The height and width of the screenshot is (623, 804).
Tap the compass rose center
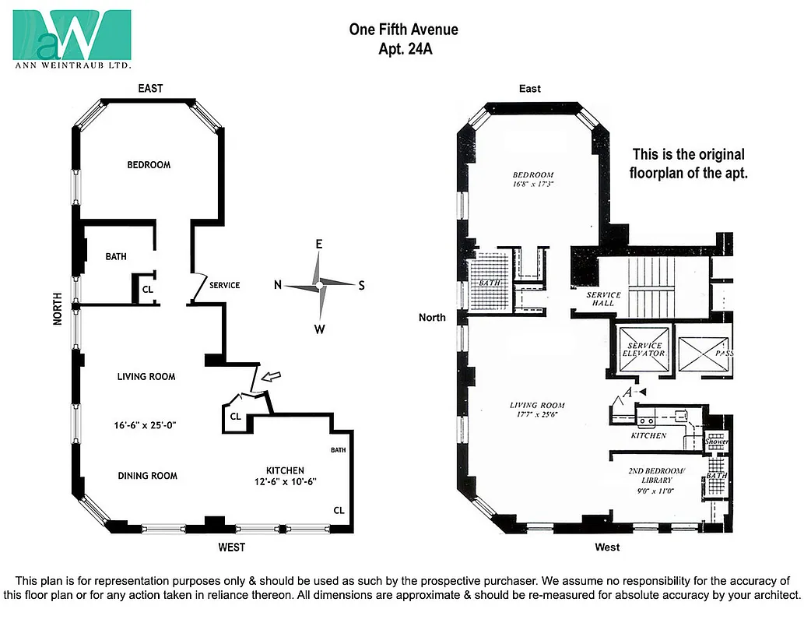tap(319, 286)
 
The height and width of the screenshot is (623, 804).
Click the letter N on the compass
tap(278, 285)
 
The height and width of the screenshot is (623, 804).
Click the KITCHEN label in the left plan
tap(285, 470)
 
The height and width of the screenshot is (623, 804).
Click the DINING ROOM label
tap(147, 476)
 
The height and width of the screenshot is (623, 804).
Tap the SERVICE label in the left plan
tap(225, 285)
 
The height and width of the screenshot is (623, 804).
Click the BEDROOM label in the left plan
tap(149, 164)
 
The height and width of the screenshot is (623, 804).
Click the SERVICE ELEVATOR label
tap(644, 350)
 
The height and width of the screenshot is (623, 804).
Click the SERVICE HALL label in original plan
tap(604, 299)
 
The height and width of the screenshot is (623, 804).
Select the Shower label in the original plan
tap(715, 442)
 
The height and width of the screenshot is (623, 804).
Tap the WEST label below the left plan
tap(231, 547)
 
